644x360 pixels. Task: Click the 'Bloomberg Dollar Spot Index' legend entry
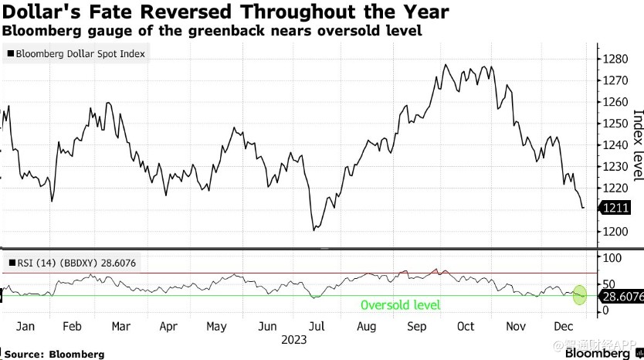(x=78, y=54)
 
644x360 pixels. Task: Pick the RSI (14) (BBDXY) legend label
(x=73, y=263)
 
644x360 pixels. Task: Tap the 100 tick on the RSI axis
(x=612, y=256)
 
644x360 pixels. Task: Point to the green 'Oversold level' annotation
(x=400, y=305)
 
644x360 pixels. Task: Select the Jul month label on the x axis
(x=317, y=327)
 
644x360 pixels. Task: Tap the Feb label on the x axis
(x=71, y=327)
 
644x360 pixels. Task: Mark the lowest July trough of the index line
(x=314, y=230)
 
